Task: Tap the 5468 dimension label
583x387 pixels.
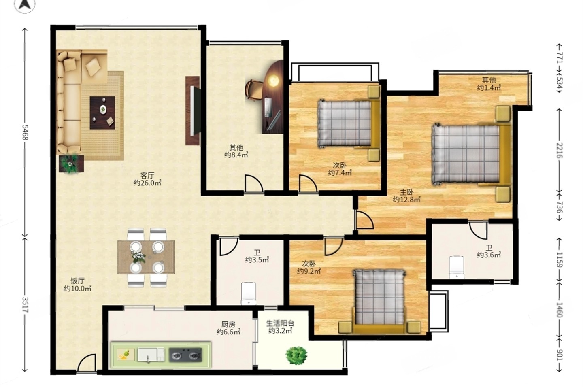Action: tap(25, 132)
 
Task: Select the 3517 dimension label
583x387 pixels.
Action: tap(25, 304)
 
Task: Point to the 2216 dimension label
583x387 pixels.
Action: tap(560, 151)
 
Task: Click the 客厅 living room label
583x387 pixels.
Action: tap(147, 175)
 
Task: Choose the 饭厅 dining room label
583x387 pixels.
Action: tap(77, 281)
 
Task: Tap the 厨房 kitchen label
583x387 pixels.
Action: tap(228, 325)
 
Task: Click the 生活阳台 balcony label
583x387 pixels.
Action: tap(280, 323)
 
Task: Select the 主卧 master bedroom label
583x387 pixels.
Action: tap(406, 192)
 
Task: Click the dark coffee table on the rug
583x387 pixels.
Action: tap(102, 113)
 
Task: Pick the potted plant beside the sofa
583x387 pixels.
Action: tap(71, 164)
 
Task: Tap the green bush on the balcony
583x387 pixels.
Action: tap(296, 355)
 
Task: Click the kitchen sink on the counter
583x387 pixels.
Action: tap(151, 355)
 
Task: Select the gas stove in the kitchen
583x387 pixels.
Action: tap(185, 355)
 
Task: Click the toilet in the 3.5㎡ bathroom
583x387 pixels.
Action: tap(249, 293)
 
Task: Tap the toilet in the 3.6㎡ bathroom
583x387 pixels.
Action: tap(457, 267)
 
